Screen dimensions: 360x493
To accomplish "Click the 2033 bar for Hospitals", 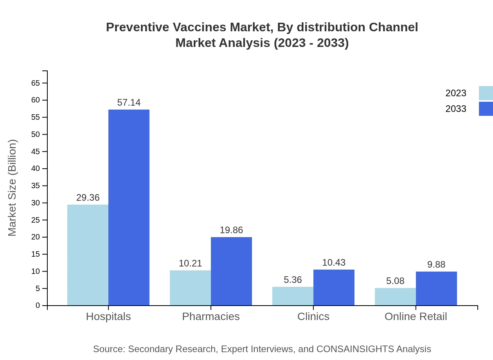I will pyautogui.click(x=129, y=207).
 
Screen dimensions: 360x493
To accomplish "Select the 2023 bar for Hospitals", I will pyautogui.click(x=88, y=255).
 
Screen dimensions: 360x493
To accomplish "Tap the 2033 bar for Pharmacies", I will pyautogui.click(x=231, y=271).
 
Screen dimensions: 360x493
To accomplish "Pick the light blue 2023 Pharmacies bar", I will pyautogui.click(x=190, y=288).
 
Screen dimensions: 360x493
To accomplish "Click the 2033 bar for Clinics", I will pyautogui.click(x=334, y=287).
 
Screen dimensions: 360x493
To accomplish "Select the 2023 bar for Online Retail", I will pyautogui.click(x=395, y=297).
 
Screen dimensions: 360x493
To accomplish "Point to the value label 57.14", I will pyautogui.click(x=129, y=103).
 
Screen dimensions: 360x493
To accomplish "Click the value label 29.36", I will pyautogui.click(x=88, y=198).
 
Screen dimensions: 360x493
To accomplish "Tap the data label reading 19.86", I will pyautogui.click(x=231, y=230).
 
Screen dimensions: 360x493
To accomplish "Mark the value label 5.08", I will pyautogui.click(x=395, y=281).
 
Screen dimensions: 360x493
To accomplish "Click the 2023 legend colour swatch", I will pyautogui.click(x=486, y=93).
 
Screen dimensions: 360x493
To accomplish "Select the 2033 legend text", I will pyautogui.click(x=456, y=109).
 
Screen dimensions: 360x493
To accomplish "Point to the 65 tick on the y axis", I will pyautogui.click(x=36, y=83).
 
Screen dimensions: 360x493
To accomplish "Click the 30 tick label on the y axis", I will pyautogui.click(x=36, y=203).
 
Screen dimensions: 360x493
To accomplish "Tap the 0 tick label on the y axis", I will pyautogui.click(x=38, y=305).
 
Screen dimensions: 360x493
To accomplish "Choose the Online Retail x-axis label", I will pyautogui.click(x=416, y=316).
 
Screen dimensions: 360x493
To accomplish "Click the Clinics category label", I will pyautogui.click(x=313, y=316).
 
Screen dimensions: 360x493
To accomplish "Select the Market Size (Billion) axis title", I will pyautogui.click(x=12, y=188).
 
